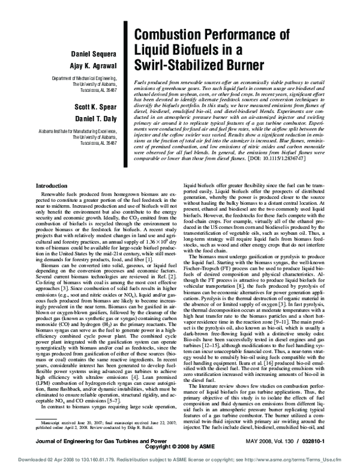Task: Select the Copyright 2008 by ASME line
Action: (180, 448)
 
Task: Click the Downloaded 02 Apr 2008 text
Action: (36, 460)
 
